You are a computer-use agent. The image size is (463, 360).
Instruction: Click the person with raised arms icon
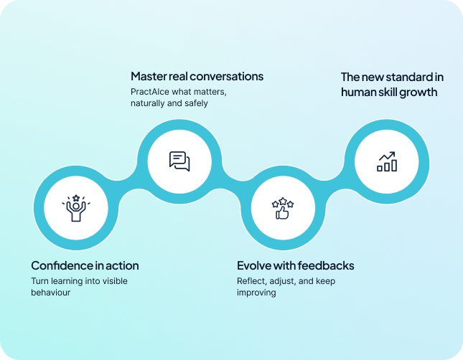pyautogui.click(x=76, y=208)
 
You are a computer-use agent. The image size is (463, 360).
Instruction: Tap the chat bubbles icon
pyautogui.click(x=179, y=161)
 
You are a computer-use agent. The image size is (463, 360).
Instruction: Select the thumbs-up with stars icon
pyautogui.click(x=281, y=208)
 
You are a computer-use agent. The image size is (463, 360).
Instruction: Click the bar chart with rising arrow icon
pyautogui.click(x=387, y=161)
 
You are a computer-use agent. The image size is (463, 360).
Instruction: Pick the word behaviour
pyautogui.click(x=50, y=293)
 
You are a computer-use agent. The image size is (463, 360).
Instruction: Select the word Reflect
pyautogui.click(x=253, y=280)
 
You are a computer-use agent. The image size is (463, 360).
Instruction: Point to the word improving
pyautogui.click(x=256, y=293)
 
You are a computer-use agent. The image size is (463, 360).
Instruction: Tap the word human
pyautogui.click(x=357, y=92)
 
